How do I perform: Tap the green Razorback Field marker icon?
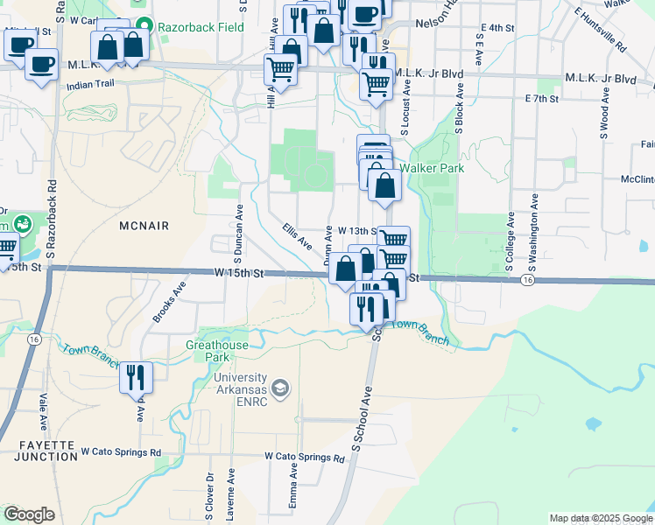[146, 27]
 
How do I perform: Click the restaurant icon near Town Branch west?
[137, 377]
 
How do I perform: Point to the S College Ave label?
[508, 241]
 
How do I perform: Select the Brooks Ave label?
[170, 302]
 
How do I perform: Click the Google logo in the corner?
[29, 514]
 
